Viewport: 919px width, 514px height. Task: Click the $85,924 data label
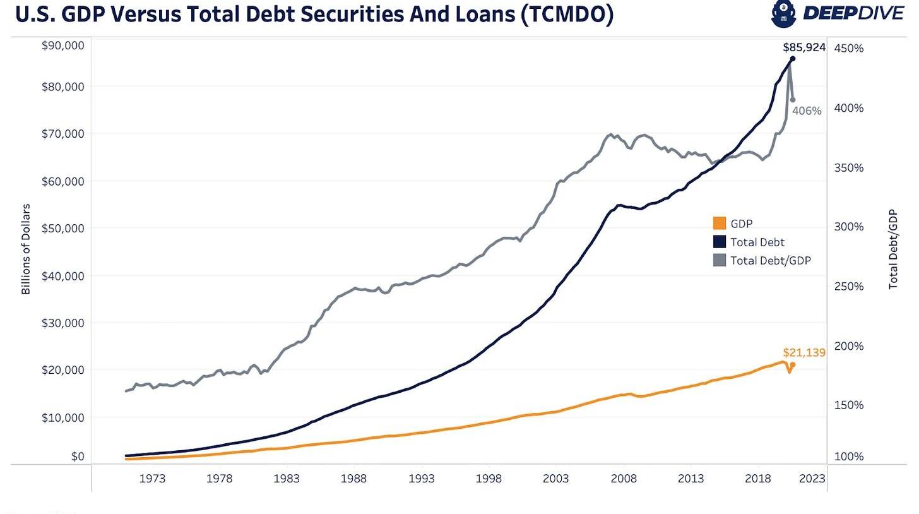tap(803, 47)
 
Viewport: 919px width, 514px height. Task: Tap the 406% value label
tap(807, 111)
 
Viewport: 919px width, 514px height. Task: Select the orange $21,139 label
tap(803, 352)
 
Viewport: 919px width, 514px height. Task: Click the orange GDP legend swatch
tap(720, 223)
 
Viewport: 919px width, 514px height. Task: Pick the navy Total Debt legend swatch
tap(720, 241)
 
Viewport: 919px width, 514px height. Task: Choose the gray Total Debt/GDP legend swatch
tap(720, 260)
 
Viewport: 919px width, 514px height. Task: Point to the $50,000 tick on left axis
tap(62, 227)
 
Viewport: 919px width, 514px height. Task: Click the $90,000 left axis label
tap(62, 45)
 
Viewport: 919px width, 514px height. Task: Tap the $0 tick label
tap(77, 456)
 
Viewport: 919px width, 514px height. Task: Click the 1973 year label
tap(152, 478)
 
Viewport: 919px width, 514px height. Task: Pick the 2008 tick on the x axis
tap(624, 478)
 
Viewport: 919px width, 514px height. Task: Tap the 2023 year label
tap(812, 478)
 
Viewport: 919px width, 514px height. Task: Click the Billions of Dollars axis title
tap(26, 249)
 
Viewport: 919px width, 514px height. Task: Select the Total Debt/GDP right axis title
tap(892, 249)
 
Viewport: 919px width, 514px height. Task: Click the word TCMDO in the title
tap(566, 15)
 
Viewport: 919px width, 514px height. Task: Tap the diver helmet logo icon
tap(783, 14)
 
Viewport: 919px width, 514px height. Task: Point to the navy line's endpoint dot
tap(793, 59)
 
